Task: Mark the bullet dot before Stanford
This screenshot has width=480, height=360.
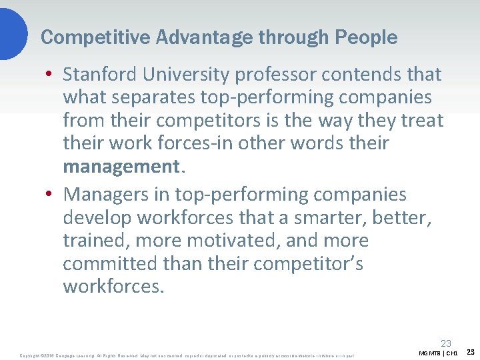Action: click(51, 75)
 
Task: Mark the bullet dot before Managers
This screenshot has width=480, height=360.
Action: click(51, 195)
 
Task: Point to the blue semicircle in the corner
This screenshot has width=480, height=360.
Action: click(12, 30)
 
